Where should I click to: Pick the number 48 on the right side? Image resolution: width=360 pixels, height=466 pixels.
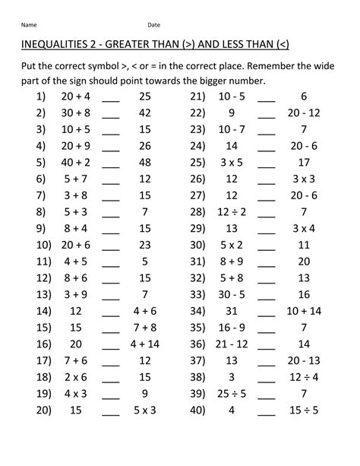pyautogui.click(x=144, y=161)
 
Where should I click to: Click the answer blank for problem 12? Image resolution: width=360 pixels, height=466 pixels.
pyautogui.click(x=111, y=280)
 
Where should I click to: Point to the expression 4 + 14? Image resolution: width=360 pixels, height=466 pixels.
pyautogui.click(x=144, y=344)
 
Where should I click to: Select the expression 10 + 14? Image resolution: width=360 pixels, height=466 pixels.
pyautogui.click(x=304, y=311)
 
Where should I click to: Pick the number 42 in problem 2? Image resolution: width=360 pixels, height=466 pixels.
pyautogui.click(x=144, y=113)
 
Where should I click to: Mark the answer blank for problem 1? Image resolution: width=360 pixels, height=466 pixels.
pyautogui.click(x=111, y=98)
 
